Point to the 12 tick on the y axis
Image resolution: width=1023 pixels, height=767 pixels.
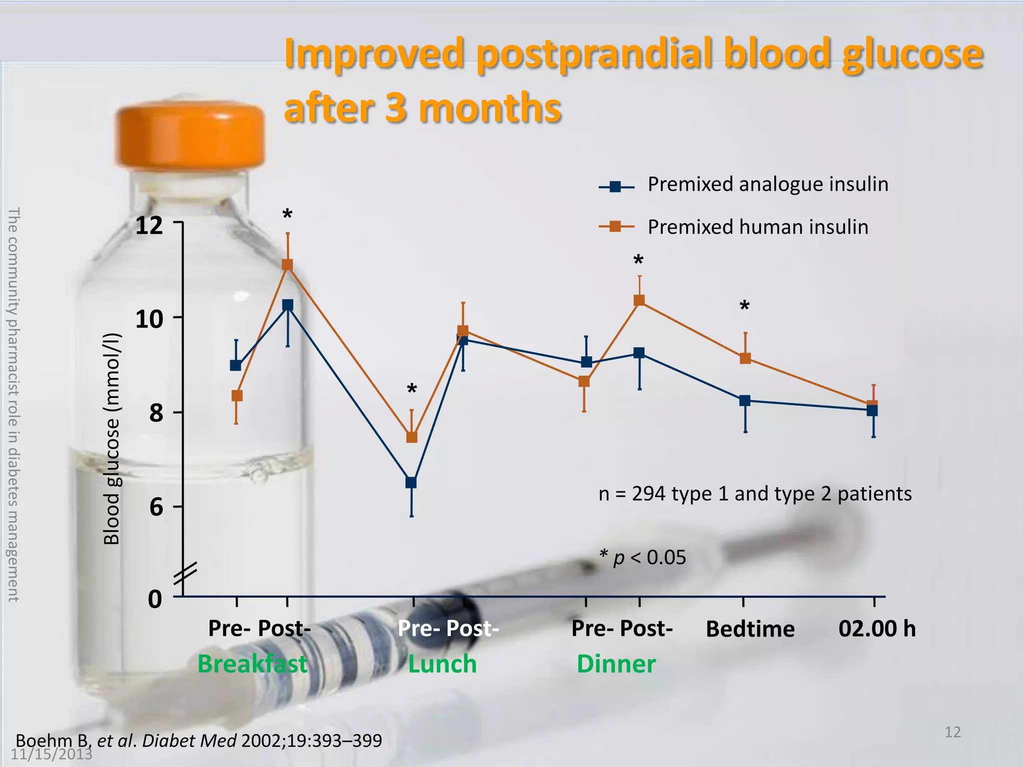pyautogui.click(x=150, y=225)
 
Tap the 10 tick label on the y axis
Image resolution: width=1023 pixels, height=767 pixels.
pyautogui.click(x=149, y=319)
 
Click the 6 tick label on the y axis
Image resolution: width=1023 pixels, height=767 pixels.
pyautogui.click(x=156, y=507)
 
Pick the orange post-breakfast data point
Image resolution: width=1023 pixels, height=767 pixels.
pyautogui.click(x=287, y=265)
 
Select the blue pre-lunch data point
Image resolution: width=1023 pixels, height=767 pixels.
pyautogui.click(x=411, y=482)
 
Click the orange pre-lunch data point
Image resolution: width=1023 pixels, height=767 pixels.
pyautogui.click(x=412, y=437)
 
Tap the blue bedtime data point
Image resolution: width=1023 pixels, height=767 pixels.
pyautogui.click(x=745, y=400)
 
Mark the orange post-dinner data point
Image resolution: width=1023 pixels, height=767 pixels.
pyautogui.click(x=639, y=300)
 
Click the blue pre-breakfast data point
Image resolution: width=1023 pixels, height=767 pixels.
pyautogui.click(x=236, y=366)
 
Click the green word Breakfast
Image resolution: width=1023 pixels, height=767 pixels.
pyautogui.click(x=253, y=664)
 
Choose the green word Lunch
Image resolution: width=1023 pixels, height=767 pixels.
pyautogui.click(x=442, y=664)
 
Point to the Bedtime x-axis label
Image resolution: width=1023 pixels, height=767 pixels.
pyautogui.click(x=750, y=629)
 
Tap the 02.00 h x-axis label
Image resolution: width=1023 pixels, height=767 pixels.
pyautogui.click(x=877, y=628)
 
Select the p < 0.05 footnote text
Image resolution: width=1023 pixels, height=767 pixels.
pyautogui.click(x=643, y=557)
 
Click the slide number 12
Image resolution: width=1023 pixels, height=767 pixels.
pyautogui.click(x=953, y=732)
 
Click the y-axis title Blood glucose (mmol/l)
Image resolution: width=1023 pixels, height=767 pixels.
pyautogui.click(x=112, y=438)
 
